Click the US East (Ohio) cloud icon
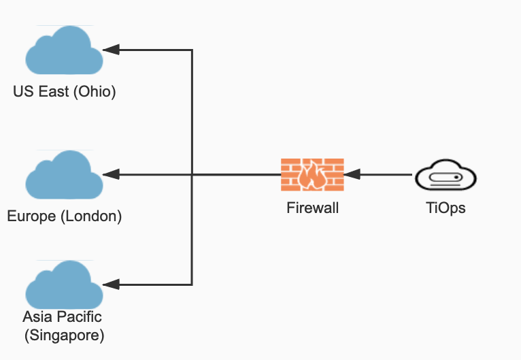[x=64, y=50]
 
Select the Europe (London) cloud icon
[x=64, y=175]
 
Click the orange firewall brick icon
[x=312, y=175]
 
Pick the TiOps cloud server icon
[x=446, y=176]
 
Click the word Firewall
[x=312, y=208]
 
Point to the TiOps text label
[x=446, y=208]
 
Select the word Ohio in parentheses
[x=96, y=92]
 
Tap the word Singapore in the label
[x=64, y=335]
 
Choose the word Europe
[x=31, y=217]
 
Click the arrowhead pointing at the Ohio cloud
[x=111, y=50]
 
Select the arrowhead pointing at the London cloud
[x=111, y=175]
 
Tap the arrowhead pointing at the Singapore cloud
[x=111, y=284]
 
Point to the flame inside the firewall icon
[x=312, y=177]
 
